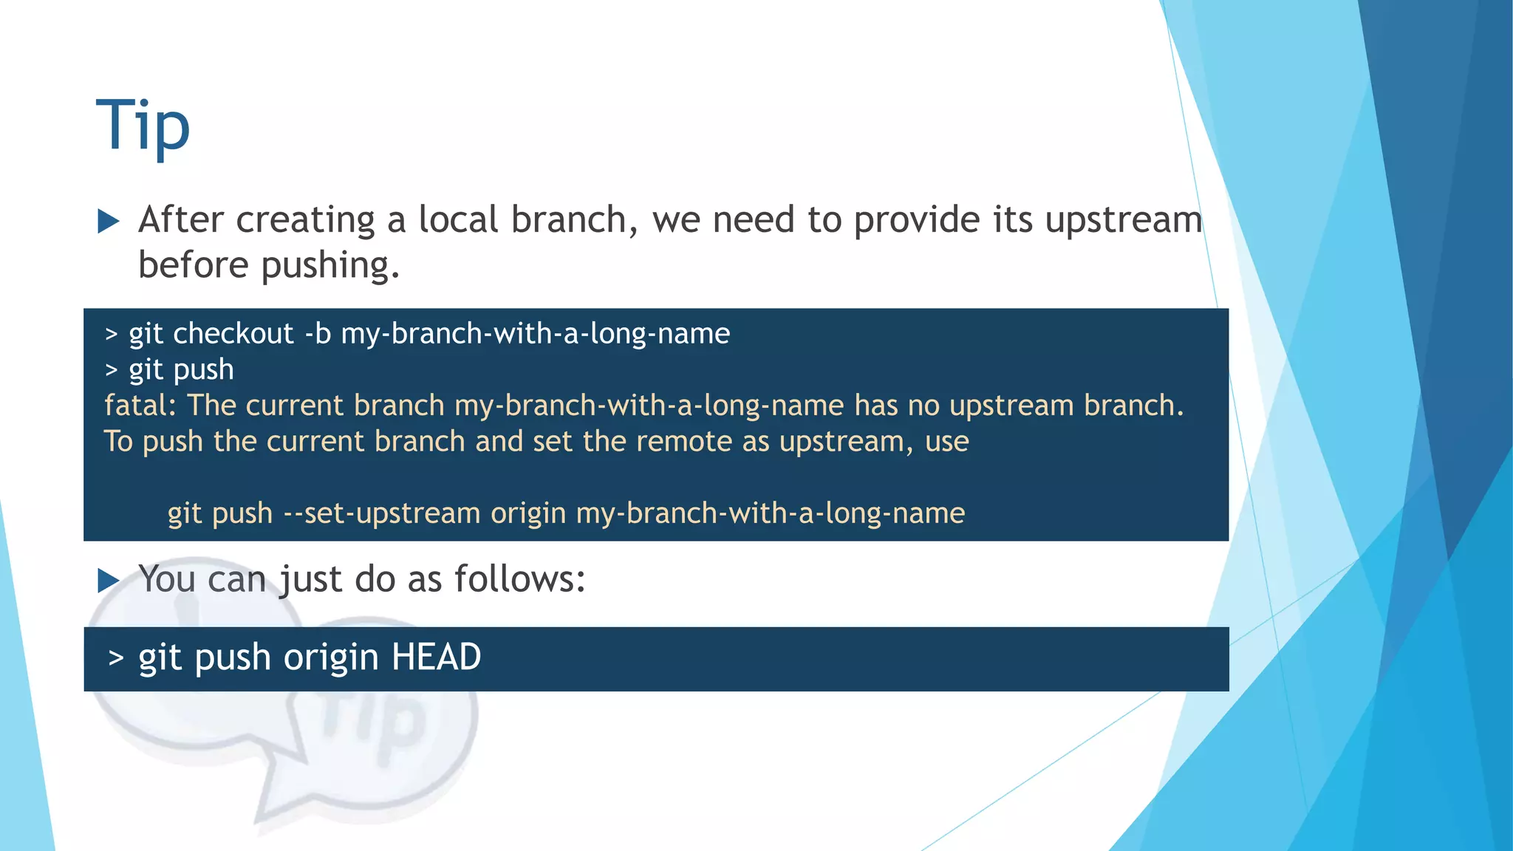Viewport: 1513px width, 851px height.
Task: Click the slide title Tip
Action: (143, 127)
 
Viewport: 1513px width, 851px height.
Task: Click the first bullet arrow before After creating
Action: (109, 221)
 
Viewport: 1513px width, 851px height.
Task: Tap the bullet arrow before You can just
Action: (109, 581)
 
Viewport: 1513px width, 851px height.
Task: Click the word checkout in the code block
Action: (233, 334)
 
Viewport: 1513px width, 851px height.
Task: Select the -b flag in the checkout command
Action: (318, 334)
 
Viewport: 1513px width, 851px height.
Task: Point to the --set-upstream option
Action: (382, 513)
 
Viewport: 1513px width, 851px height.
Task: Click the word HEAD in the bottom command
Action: (436, 657)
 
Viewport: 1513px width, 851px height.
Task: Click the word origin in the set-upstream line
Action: (528, 513)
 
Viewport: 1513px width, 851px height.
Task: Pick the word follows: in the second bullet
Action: (519, 579)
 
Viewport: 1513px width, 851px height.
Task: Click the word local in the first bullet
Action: (458, 220)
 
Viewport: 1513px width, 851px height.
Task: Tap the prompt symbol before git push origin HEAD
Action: (115, 657)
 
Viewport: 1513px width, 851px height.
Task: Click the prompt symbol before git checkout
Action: (112, 335)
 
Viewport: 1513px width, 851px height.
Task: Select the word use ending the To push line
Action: (946, 442)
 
